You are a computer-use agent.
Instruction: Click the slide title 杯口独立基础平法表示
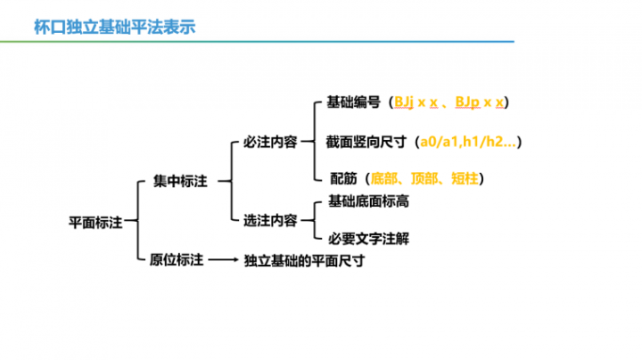point(115,27)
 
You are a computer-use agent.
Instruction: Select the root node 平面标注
point(95,223)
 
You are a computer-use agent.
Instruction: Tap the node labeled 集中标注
point(180,181)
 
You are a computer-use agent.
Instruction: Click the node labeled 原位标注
point(176,260)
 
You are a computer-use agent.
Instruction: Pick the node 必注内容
point(270,142)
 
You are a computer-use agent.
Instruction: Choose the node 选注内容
point(270,220)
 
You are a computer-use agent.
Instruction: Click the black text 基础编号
point(353,102)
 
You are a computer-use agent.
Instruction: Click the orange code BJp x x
point(480,102)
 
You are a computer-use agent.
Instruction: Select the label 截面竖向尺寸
point(366,142)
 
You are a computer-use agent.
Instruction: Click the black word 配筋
point(343,178)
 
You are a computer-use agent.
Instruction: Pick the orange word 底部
point(384,178)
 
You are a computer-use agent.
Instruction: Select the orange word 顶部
point(424,178)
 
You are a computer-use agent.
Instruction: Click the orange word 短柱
point(465,178)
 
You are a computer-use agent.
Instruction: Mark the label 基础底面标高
point(368,201)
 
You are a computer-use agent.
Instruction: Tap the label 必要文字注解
point(368,239)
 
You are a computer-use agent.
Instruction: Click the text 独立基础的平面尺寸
point(304,260)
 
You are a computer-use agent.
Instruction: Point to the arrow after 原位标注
point(223,260)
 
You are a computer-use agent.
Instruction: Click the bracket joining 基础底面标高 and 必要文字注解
point(315,220)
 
